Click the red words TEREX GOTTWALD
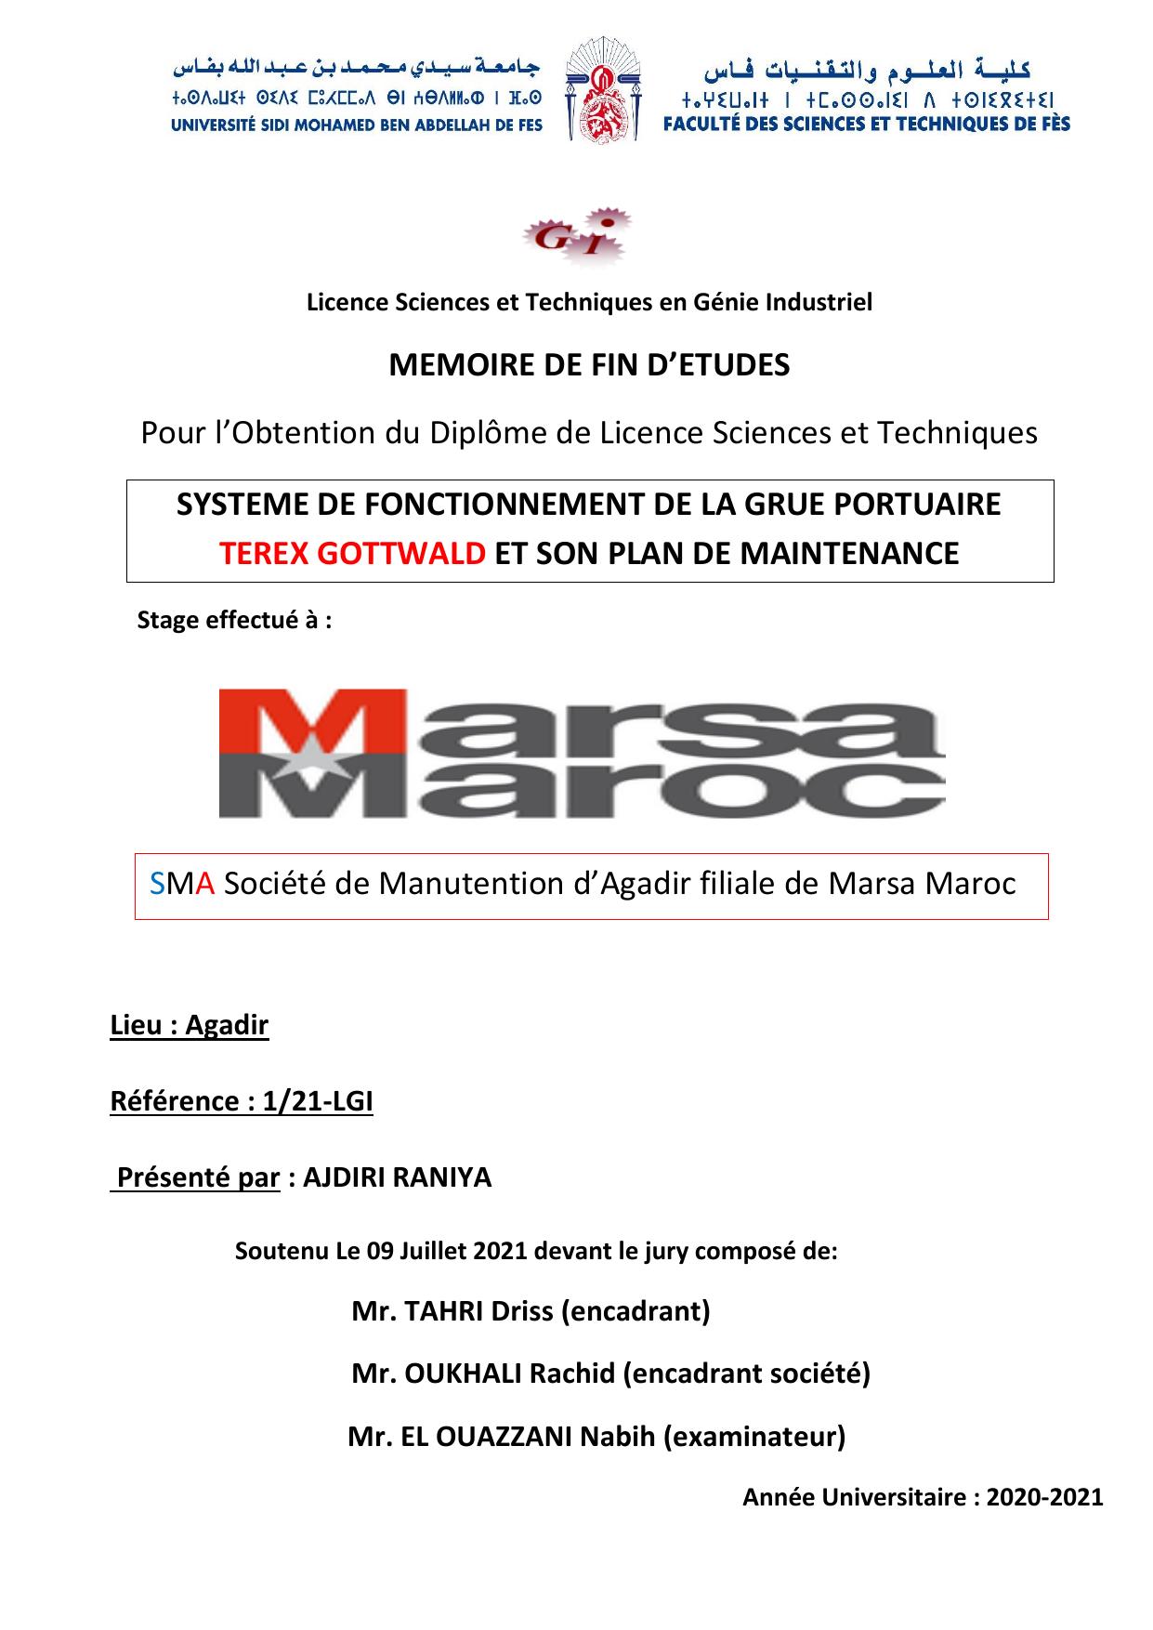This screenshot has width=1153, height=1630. click(352, 553)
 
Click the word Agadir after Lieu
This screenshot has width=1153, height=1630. click(227, 1025)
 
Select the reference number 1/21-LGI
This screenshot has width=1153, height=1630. click(318, 1101)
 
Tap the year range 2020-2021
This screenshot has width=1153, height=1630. click(1044, 1497)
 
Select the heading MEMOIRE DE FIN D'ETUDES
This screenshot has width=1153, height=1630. click(589, 365)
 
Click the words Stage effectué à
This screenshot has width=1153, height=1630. click(234, 620)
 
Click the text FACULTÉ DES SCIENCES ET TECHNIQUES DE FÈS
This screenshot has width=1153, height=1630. click(866, 125)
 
